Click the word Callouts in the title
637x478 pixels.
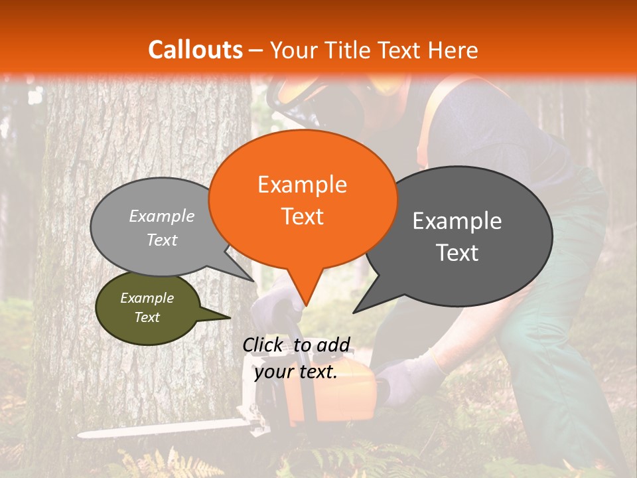(195, 50)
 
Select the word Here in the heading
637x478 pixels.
(452, 50)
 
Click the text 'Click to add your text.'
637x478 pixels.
(296, 358)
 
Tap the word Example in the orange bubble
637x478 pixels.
(302, 185)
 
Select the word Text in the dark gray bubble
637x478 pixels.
(457, 253)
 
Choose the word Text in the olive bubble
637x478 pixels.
(147, 317)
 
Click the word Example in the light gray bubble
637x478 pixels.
(162, 216)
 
